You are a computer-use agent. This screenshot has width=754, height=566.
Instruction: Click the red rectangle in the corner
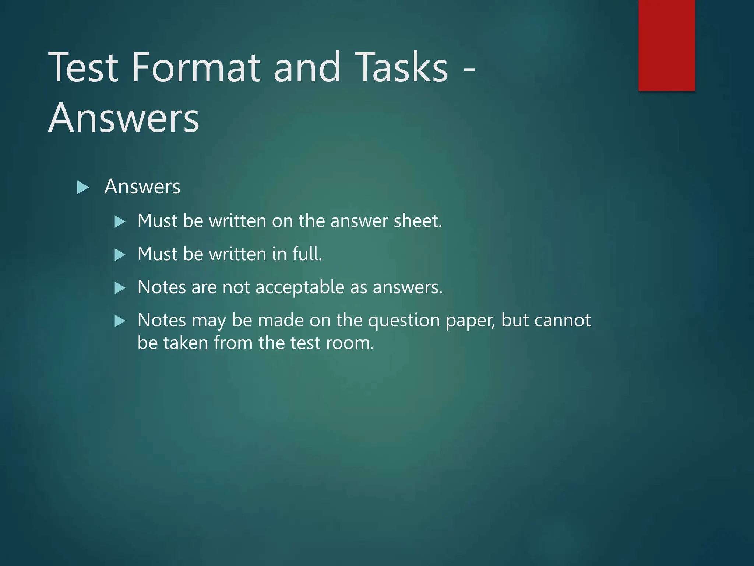pyautogui.click(x=666, y=45)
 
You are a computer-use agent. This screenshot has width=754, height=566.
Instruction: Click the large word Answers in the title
pyautogui.click(x=124, y=118)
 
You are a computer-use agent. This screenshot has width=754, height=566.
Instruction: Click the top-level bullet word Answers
pyautogui.click(x=142, y=186)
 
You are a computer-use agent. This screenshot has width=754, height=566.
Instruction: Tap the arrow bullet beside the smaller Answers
pyautogui.click(x=83, y=187)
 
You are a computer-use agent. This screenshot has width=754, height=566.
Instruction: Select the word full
pyautogui.click(x=307, y=254)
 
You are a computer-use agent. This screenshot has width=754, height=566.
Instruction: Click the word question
pyautogui.click(x=404, y=321)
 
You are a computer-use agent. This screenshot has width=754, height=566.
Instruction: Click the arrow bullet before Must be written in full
pyautogui.click(x=120, y=255)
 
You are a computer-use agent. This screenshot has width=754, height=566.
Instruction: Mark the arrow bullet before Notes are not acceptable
pyautogui.click(x=120, y=288)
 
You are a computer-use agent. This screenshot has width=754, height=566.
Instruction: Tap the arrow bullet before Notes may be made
pyautogui.click(x=120, y=321)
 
